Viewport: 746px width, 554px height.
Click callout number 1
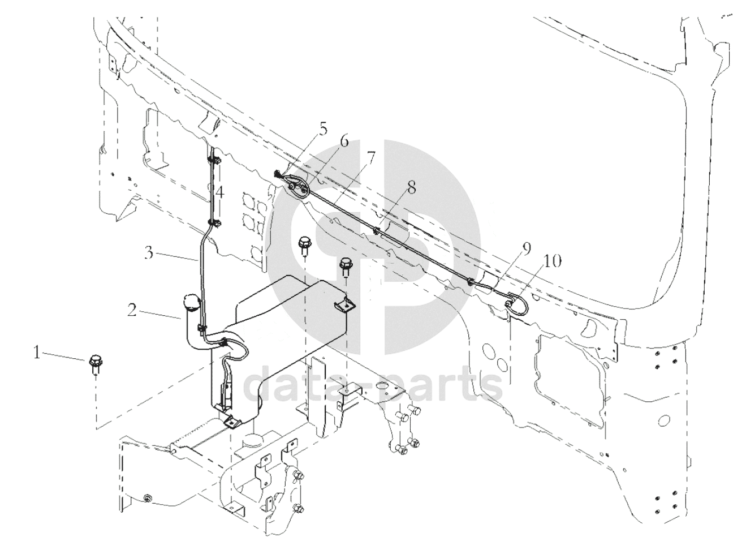point(37,354)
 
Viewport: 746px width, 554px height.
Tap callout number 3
point(149,252)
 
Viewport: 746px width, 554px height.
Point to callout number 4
point(219,193)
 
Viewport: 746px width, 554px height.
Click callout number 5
point(322,130)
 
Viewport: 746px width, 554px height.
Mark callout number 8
point(411,187)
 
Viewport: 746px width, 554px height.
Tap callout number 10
point(552,261)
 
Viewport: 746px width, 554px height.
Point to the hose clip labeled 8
point(376,231)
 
